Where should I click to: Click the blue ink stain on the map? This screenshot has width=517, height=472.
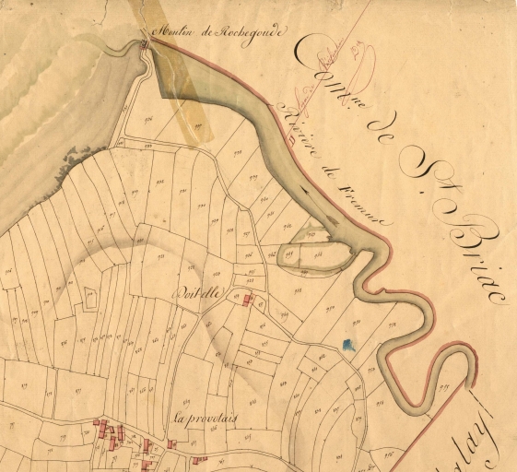click(347, 346)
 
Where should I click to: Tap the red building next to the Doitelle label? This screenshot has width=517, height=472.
click(246, 299)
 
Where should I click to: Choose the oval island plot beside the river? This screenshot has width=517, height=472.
click(314, 251)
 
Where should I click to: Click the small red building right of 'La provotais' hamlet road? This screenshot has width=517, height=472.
click(197, 458)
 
